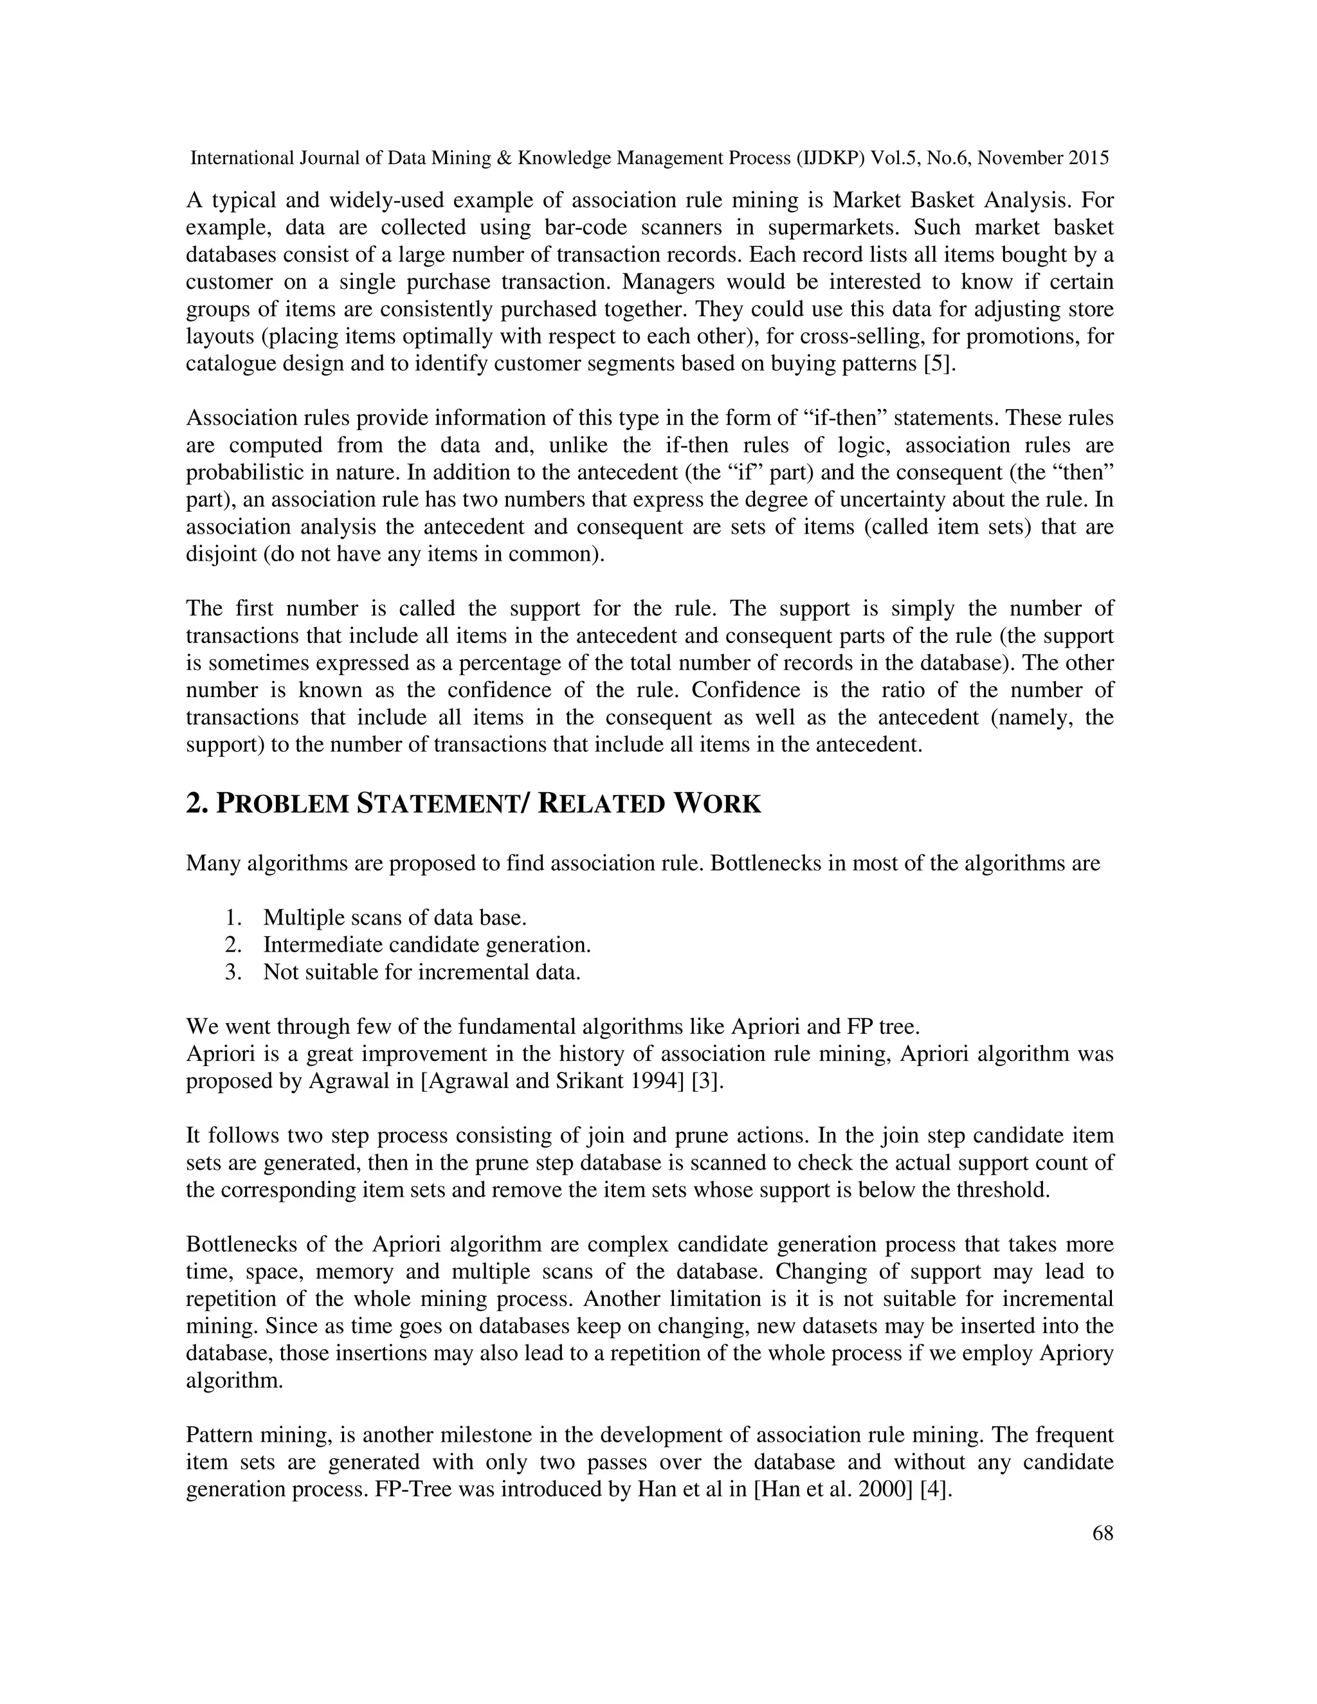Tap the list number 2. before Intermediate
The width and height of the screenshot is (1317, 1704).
(233, 945)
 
